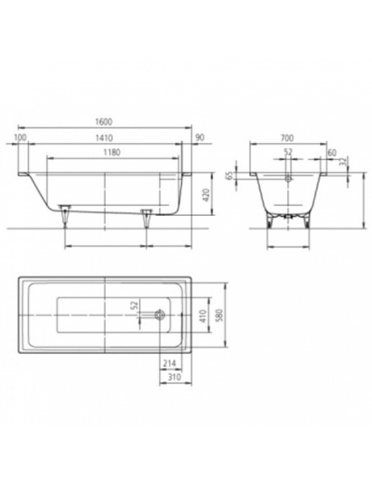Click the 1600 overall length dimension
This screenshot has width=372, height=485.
tap(104, 121)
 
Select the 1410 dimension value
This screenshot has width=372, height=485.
tap(104, 137)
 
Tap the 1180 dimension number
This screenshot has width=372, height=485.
tap(112, 153)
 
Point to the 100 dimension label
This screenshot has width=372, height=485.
tap(20, 137)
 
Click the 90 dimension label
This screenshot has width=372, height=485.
tap(201, 137)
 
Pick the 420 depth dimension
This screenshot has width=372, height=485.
tap(207, 194)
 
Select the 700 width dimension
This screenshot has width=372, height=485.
tap(287, 137)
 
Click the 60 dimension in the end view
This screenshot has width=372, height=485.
tap(332, 153)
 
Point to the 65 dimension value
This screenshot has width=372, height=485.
tap(230, 176)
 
